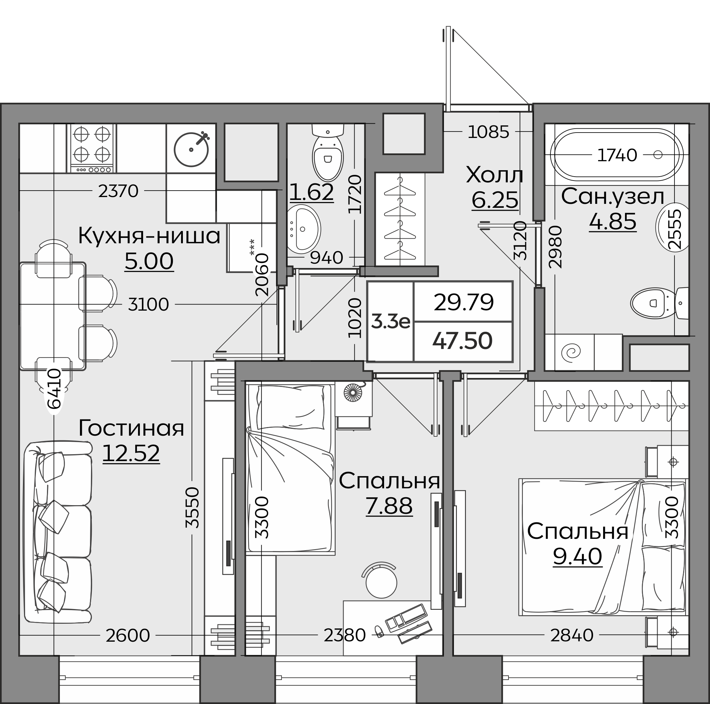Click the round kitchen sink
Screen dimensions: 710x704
191,149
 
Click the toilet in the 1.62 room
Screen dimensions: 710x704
327,152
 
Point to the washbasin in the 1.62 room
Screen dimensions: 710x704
303,229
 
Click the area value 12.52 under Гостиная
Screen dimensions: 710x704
131,453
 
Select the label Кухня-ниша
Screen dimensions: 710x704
149,236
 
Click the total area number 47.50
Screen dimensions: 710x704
462,340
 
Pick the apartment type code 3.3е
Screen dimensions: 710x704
390,322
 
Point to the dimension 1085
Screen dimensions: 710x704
488,132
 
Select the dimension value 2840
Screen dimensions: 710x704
572,635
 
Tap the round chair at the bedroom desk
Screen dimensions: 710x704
381,581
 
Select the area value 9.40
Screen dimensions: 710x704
577,556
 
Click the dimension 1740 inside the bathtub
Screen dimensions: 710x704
617,155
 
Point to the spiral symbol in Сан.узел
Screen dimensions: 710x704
572,353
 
